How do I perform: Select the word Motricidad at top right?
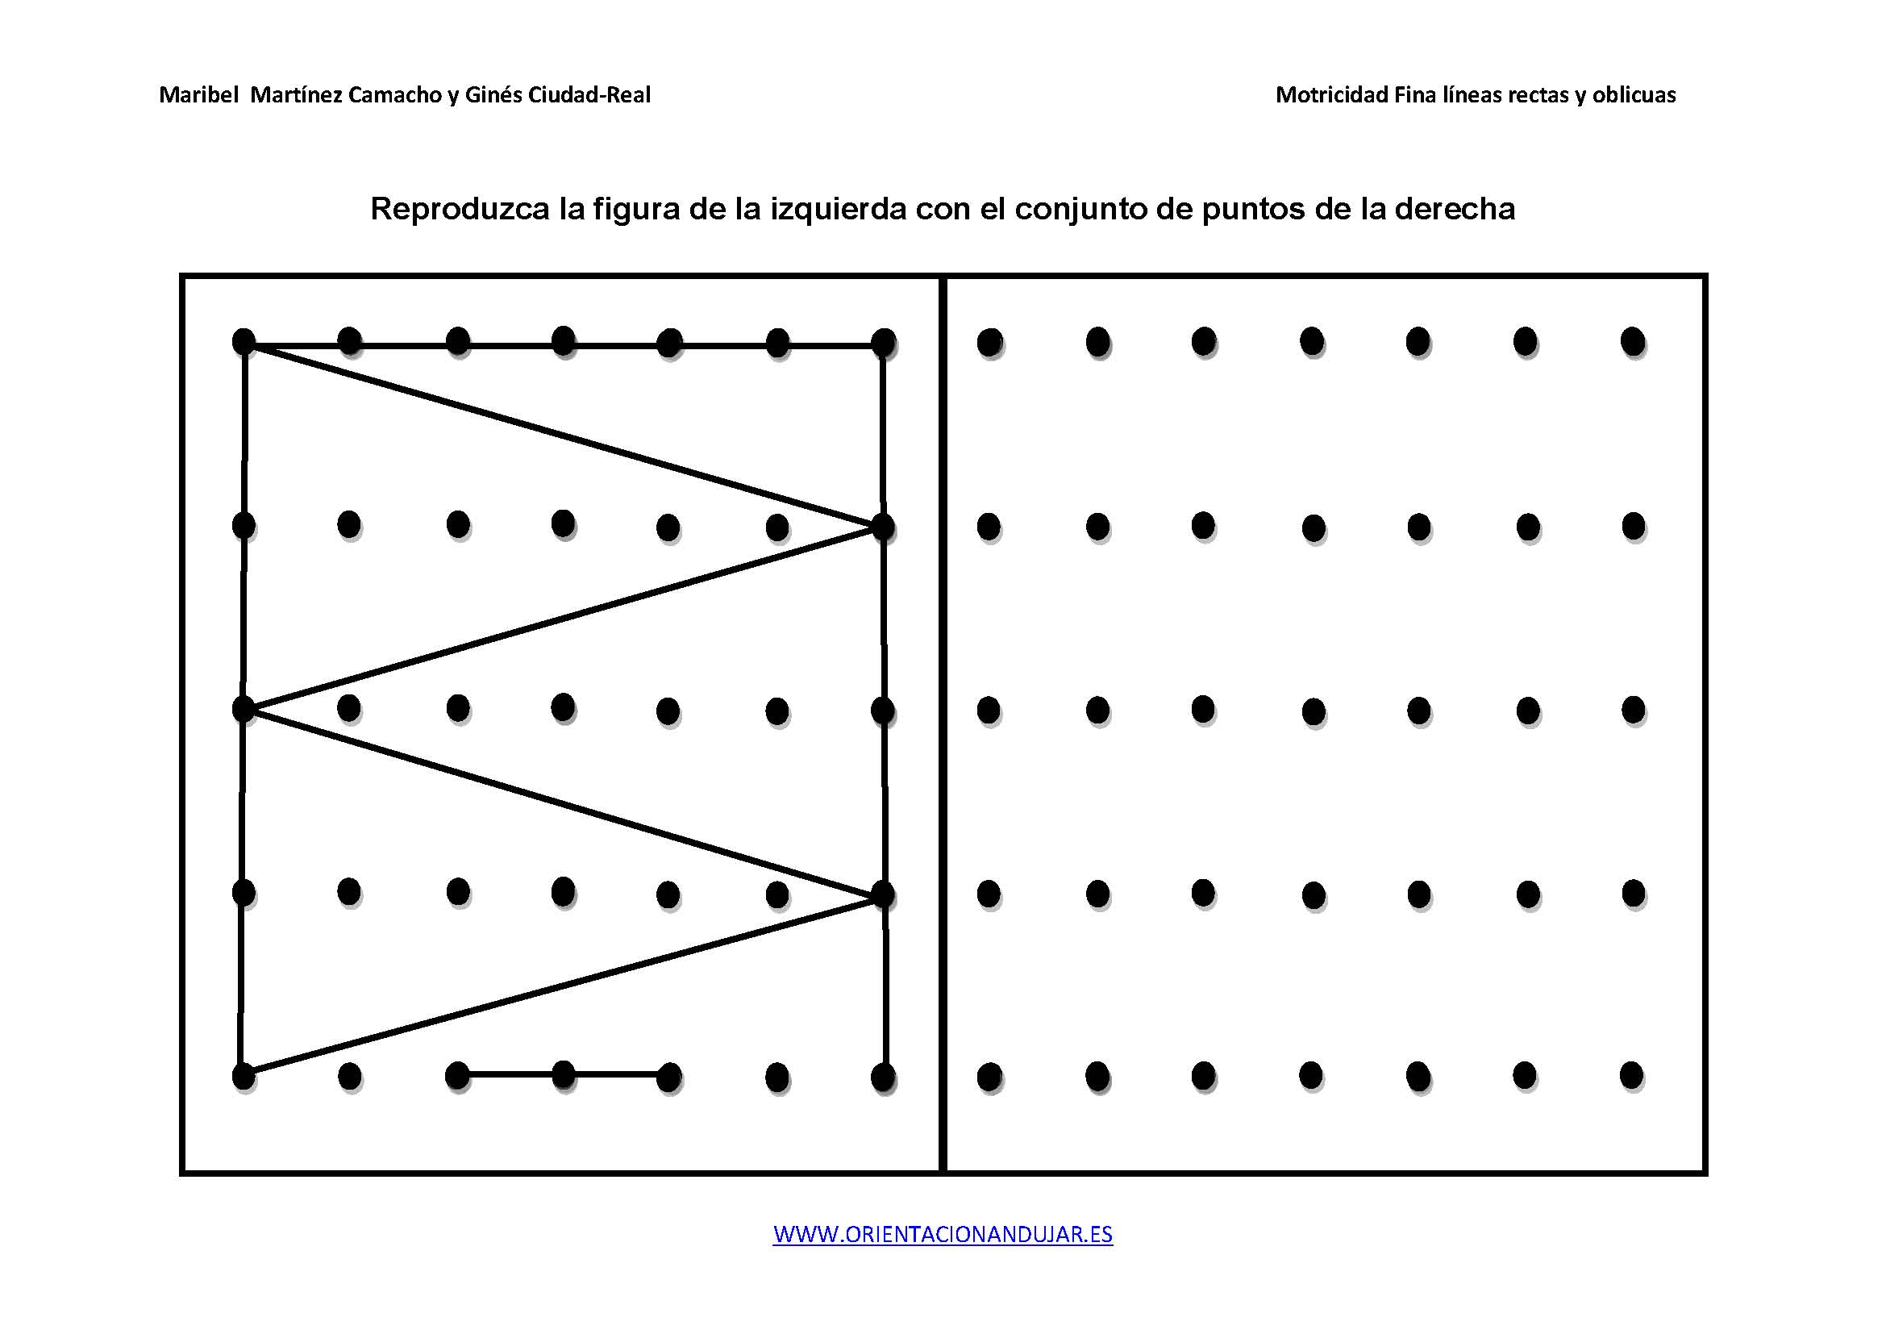[1331, 95]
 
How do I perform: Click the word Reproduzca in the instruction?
[460, 210]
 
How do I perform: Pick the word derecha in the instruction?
[1455, 209]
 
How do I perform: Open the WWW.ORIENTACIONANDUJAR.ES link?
[943, 1234]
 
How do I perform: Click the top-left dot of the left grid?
[244, 341]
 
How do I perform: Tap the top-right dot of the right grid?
[1633, 341]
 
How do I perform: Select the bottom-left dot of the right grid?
[990, 1075]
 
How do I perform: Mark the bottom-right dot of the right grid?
[1631, 1074]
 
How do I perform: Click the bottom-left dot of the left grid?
[244, 1075]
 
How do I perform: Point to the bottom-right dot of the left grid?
[883, 1076]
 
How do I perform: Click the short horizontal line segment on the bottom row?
[564, 1074]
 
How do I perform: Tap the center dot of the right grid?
[1314, 710]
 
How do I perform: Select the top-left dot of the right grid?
[990, 341]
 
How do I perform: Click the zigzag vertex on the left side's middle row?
[244, 708]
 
